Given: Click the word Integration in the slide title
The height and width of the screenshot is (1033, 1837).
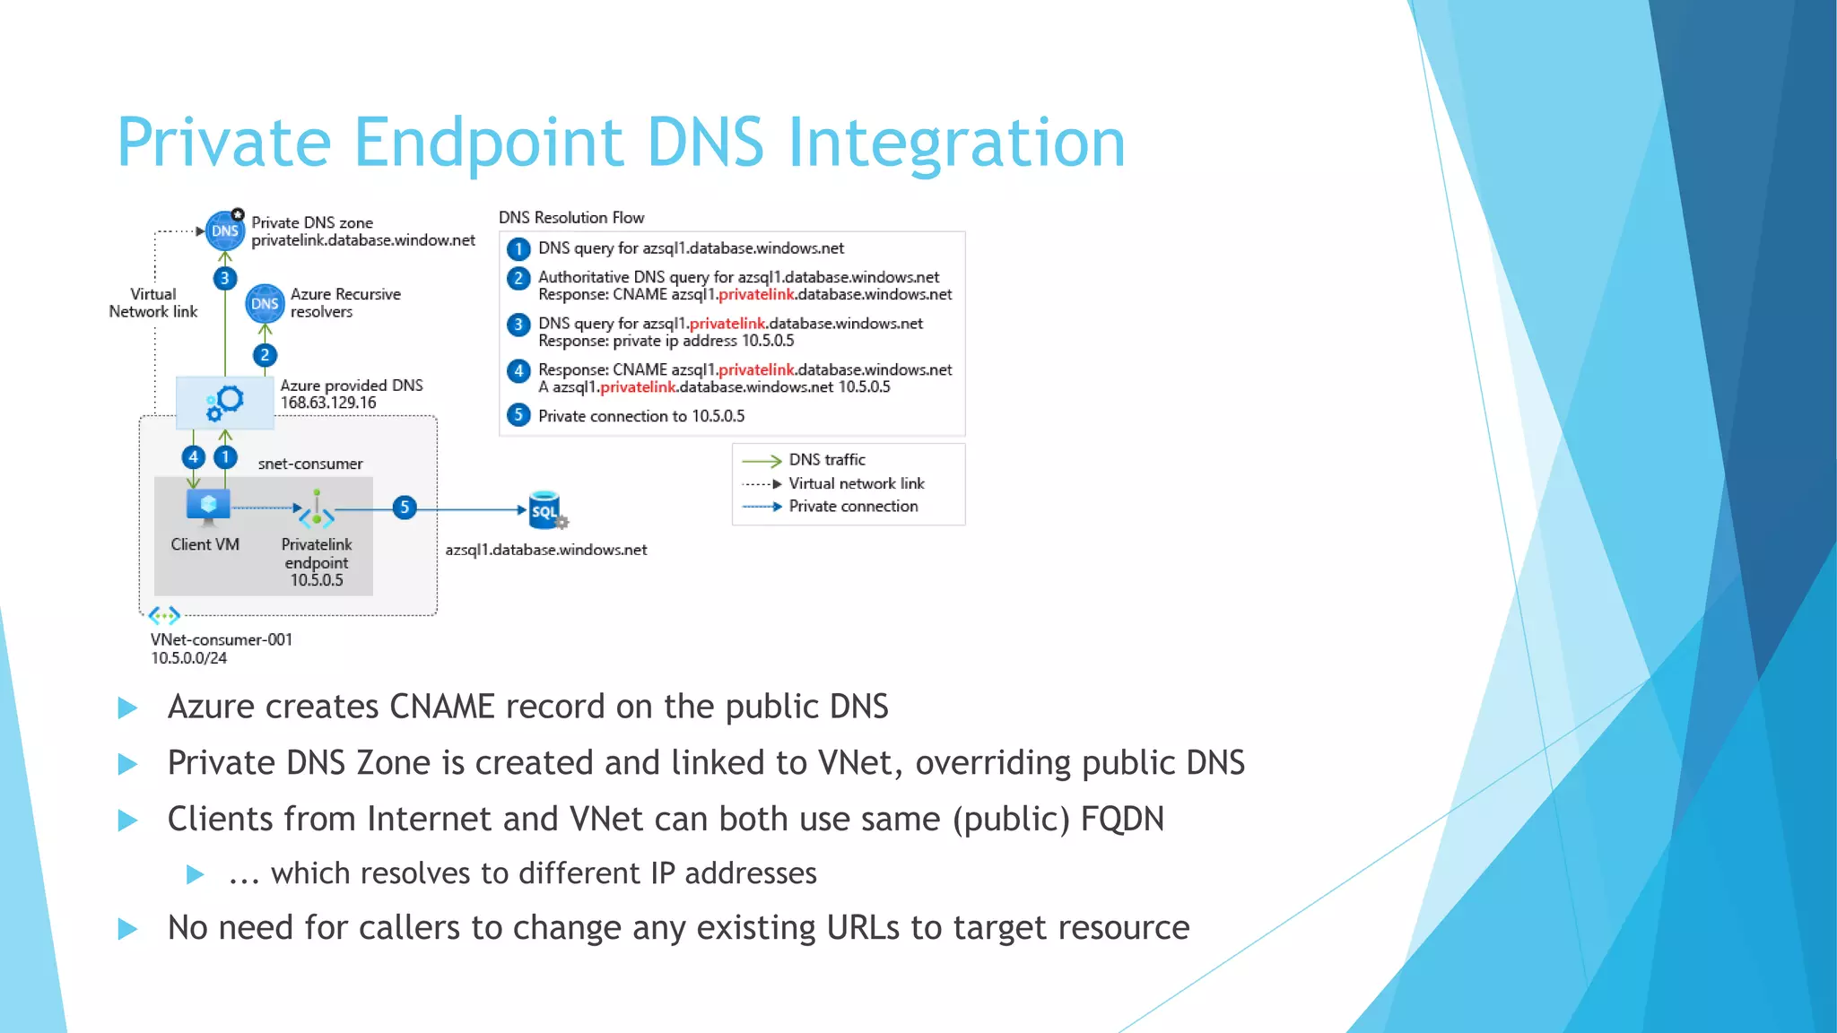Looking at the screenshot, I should click(x=955, y=143).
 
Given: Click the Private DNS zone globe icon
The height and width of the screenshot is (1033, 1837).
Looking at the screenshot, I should click(x=224, y=231).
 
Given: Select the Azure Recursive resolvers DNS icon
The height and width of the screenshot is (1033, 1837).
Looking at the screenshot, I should click(x=265, y=304).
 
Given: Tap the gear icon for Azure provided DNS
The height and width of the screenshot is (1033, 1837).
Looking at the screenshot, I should click(x=225, y=403).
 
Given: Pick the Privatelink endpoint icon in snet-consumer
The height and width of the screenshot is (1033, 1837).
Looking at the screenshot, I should click(x=317, y=511).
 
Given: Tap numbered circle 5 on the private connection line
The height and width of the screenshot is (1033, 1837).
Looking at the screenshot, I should click(x=405, y=508).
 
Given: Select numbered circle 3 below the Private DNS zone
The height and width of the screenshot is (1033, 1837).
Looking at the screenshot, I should click(x=224, y=278).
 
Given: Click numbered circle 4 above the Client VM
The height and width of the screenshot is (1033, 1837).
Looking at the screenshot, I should click(x=193, y=457).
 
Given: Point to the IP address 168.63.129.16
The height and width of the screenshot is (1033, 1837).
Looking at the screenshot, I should click(x=328, y=403).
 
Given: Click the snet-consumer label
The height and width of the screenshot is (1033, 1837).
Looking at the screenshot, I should click(x=310, y=464).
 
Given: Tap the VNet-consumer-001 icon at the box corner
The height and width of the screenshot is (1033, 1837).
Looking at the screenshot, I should click(x=164, y=616).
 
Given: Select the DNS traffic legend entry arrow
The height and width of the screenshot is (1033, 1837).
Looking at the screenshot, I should click(x=762, y=461).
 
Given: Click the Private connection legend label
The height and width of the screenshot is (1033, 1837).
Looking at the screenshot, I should click(x=853, y=507).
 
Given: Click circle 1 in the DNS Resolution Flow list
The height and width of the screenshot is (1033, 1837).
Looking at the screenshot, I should click(x=518, y=248).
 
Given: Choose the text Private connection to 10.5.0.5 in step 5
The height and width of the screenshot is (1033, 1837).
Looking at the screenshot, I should click(x=641, y=416).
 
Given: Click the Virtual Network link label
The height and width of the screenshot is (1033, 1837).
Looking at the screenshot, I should click(x=153, y=303).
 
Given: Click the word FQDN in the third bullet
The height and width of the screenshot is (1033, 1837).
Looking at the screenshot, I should click(x=1122, y=819).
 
